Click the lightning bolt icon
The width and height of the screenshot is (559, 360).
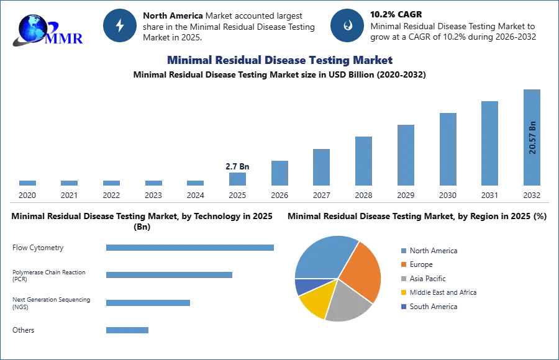120,25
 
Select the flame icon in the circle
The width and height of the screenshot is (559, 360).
347,25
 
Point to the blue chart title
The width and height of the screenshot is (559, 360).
278,60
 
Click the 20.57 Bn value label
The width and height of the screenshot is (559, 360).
532,137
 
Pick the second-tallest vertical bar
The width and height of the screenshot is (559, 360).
489,143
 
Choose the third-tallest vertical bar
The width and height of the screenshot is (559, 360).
447,149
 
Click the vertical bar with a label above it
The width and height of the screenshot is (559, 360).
238,179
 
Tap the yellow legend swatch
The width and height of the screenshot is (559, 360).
403,292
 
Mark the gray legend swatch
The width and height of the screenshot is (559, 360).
403,279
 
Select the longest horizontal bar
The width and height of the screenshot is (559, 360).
191,248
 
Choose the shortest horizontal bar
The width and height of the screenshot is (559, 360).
127,330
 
